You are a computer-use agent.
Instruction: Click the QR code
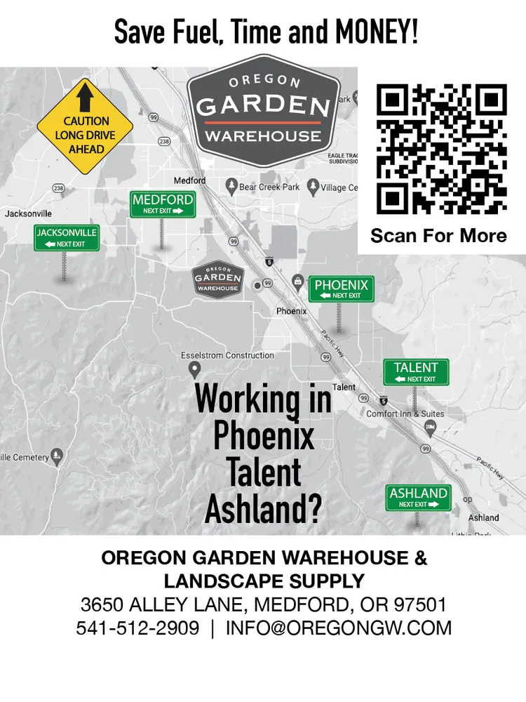(442, 149)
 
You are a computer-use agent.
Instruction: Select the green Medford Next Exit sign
(162, 204)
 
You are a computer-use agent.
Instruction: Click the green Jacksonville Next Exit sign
(67, 237)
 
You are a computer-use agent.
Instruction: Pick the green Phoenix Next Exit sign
(342, 289)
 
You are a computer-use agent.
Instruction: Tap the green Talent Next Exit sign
(416, 372)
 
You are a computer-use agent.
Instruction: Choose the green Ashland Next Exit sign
(419, 498)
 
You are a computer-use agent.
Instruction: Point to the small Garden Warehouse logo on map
(217, 279)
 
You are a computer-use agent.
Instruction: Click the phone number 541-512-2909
(137, 628)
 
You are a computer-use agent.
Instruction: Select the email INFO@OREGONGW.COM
(339, 628)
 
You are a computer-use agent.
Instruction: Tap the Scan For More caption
(438, 235)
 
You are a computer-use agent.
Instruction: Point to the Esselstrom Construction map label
(227, 355)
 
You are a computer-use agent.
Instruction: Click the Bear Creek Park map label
(269, 187)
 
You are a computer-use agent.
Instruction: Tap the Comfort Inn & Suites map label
(405, 414)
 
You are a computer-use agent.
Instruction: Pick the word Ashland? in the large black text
(263, 509)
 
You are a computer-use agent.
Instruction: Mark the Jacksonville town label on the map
(28, 213)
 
